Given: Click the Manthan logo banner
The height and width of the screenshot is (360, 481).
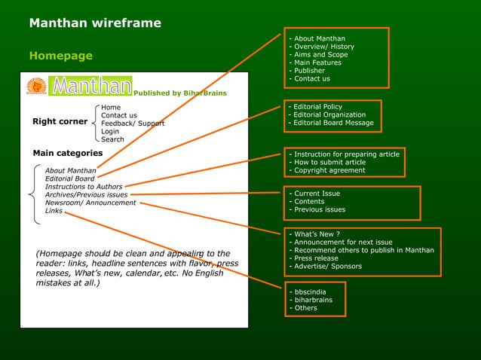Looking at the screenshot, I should point(90,86).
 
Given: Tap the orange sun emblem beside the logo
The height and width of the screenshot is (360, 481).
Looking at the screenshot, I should point(36,86).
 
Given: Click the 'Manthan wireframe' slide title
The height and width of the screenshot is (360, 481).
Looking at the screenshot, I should point(95,23).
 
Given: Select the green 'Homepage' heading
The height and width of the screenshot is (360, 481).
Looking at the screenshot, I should point(60,56).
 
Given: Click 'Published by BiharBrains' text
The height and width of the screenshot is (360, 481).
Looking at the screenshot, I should point(179,93).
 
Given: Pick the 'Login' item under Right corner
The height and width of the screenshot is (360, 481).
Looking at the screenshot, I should point(110,131).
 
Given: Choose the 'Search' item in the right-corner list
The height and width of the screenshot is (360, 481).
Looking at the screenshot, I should point(112,139).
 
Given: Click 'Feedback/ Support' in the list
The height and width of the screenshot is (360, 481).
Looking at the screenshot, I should point(133,124).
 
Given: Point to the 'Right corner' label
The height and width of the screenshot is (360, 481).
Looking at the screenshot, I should point(60,121).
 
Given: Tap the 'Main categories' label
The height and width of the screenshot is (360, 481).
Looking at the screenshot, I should point(67,154).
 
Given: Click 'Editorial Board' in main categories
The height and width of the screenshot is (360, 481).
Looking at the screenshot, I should point(69,179).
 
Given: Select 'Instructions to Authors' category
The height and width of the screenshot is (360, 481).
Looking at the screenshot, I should point(83,187).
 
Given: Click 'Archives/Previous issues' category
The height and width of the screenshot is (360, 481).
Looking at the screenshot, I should point(86,194).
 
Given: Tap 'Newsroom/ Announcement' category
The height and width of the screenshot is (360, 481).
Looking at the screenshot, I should point(90,203).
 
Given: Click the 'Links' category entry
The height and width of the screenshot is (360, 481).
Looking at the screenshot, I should point(54,211).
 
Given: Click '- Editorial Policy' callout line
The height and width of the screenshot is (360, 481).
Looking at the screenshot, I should point(317,107).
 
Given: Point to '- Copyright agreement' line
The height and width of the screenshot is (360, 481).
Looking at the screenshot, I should point(329,170).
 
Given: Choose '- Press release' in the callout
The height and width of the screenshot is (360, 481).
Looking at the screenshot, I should point(315,258).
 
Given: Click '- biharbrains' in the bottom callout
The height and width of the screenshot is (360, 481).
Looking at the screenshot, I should point(312,300).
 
